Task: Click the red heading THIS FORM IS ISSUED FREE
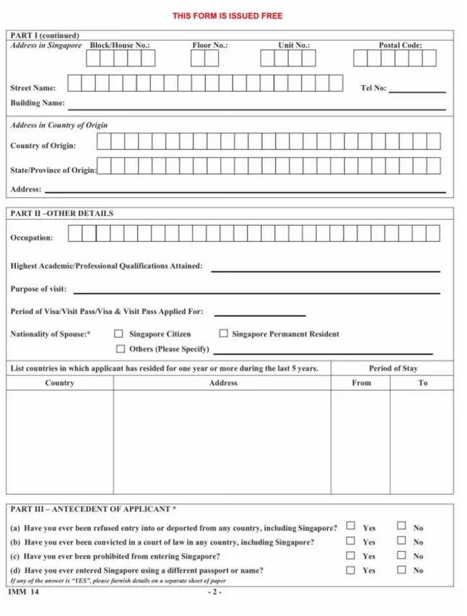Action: (x=227, y=16)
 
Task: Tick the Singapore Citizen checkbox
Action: (x=119, y=334)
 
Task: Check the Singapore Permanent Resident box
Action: (x=224, y=334)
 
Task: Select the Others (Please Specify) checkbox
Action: (x=121, y=349)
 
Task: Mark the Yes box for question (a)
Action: (x=351, y=526)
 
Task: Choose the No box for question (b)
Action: (x=401, y=540)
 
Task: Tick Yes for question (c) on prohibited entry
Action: (x=351, y=555)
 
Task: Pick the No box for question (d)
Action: (x=401, y=570)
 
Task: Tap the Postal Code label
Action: (x=400, y=45)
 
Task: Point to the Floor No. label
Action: (x=209, y=45)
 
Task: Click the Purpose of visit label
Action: (x=38, y=289)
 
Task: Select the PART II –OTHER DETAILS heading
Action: (x=61, y=214)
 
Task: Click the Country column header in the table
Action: (x=59, y=383)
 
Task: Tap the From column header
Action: (x=362, y=383)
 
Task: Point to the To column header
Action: (x=422, y=383)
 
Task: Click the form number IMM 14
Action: (x=23, y=592)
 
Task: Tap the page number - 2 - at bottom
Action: (x=215, y=592)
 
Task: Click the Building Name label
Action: (x=38, y=103)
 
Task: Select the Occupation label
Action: (x=32, y=238)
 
